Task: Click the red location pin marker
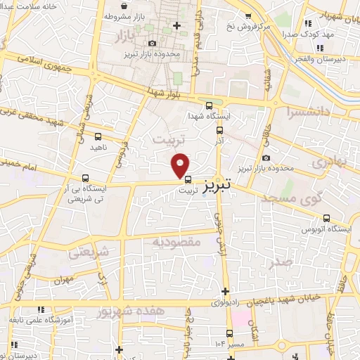tap(181, 165)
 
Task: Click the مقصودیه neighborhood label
tap(176, 241)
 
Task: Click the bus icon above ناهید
tap(97, 136)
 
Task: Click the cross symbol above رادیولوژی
tap(225, 291)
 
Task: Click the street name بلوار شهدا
tap(166, 91)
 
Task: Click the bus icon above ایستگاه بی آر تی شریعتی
tap(85, 178)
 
